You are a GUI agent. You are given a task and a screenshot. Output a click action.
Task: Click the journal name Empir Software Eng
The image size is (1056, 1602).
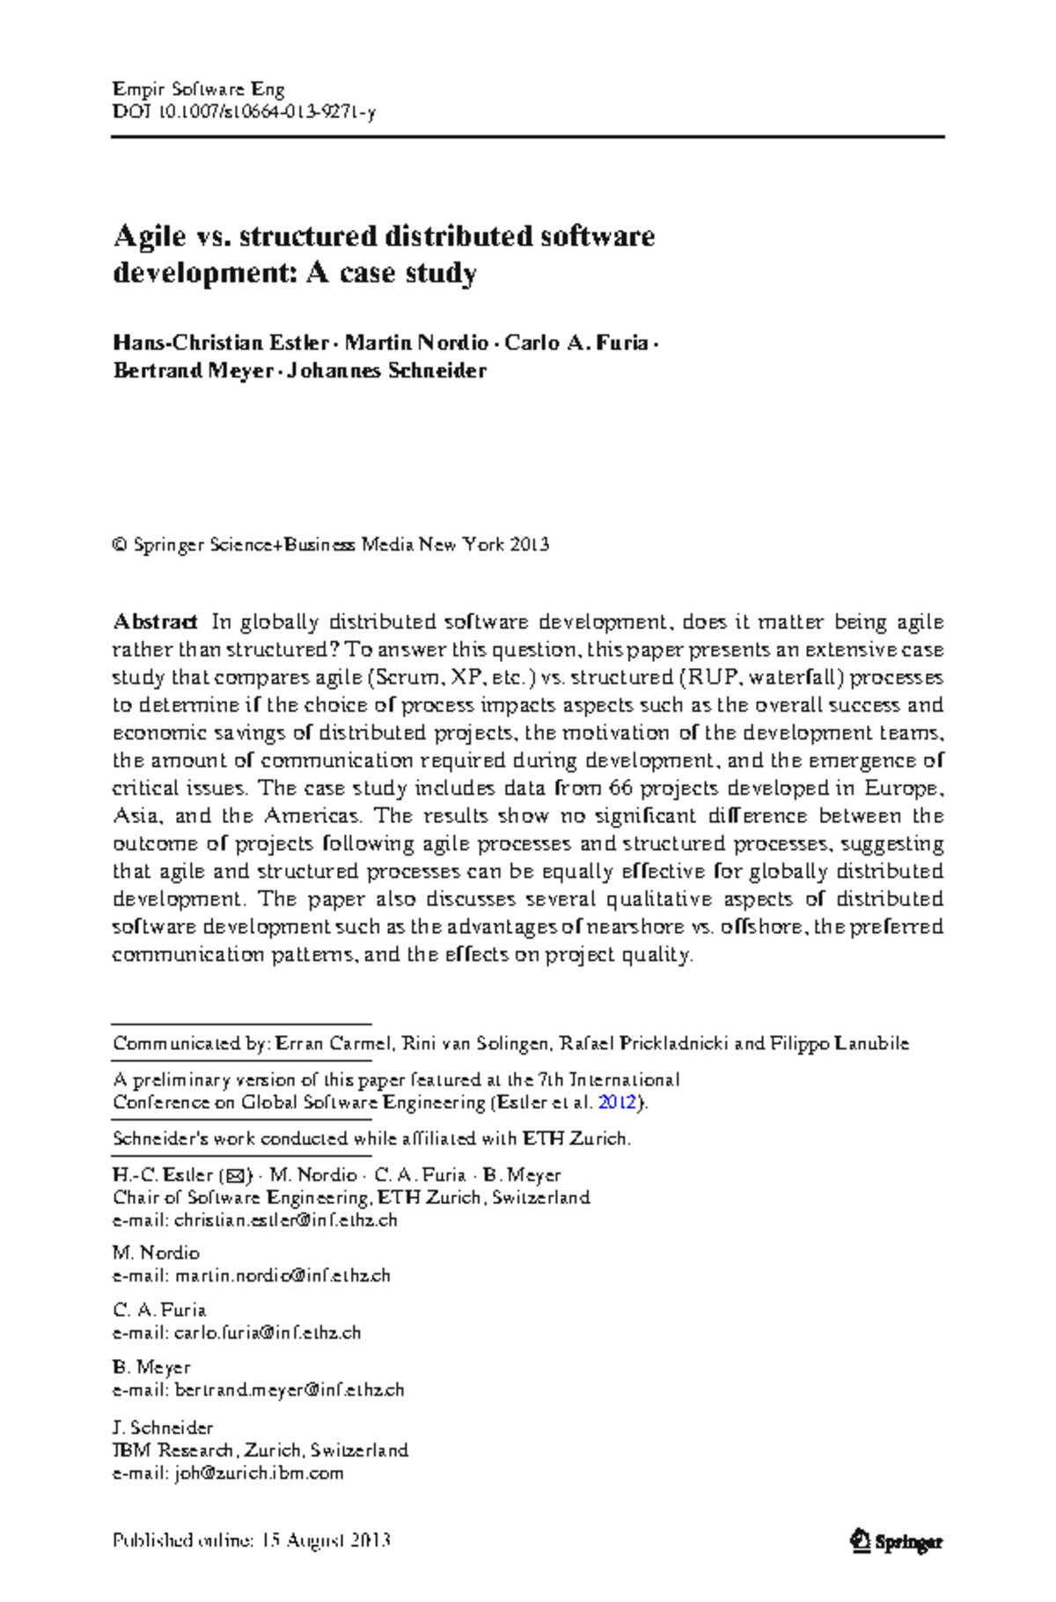point(199,89)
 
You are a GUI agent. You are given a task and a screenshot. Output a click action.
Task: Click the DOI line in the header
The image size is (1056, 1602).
point(244,112)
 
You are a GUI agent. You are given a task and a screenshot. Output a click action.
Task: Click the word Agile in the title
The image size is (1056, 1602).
point(150,237)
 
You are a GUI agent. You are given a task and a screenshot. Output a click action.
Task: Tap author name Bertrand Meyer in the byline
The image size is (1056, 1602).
point(193,371)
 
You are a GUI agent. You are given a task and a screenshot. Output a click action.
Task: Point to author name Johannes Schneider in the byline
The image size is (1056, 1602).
point(386,371)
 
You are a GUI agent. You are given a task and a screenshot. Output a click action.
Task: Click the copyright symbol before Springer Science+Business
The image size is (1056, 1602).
point(120,545)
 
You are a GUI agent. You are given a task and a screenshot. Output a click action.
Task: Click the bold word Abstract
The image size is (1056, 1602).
point(154,622)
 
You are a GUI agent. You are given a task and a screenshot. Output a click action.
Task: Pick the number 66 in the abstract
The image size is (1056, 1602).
point(621,788)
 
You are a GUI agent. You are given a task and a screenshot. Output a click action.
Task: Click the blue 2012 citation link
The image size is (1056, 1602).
point(616,1103)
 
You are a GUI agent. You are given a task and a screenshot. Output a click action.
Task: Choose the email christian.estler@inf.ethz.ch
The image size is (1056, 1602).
point(286,1221)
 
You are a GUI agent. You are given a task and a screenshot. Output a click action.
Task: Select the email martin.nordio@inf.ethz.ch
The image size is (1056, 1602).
point(282,1275)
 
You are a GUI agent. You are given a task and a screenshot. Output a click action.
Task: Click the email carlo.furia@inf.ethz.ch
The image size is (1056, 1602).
point(268,1333)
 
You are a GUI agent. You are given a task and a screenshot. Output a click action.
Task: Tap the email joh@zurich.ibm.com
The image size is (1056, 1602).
point(259,1473)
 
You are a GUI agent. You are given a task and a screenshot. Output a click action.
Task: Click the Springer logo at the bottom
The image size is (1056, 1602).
point(896,1541)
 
